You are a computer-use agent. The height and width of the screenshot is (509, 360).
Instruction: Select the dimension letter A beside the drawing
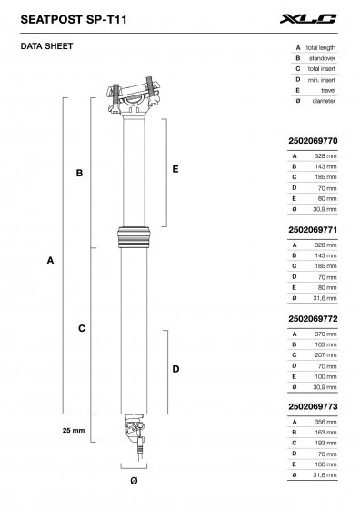50,261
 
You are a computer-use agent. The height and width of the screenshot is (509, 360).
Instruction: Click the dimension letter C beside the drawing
82,327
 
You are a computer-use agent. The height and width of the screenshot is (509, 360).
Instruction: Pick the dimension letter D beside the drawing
175,370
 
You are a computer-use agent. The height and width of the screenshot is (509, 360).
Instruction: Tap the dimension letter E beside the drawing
175,169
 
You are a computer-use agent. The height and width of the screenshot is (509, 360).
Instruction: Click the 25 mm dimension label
75,429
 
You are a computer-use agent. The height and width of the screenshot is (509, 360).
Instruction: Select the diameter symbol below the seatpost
134,479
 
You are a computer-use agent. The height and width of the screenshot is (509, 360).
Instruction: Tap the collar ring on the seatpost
134,235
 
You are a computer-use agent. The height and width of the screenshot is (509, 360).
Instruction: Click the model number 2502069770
312,142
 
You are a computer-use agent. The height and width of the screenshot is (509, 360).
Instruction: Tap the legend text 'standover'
323,56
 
